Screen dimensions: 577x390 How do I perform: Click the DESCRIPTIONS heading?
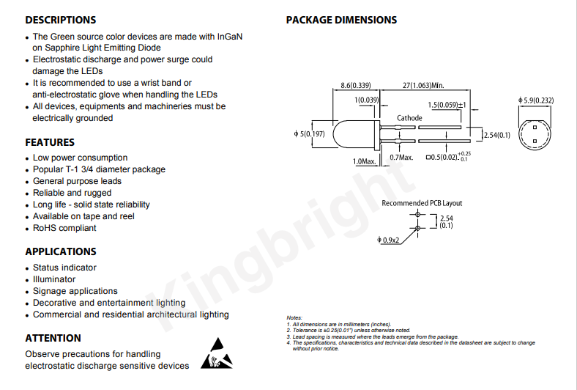coord(61,20)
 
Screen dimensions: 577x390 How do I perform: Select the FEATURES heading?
coord(50,142)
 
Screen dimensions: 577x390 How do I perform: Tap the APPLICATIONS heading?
coord(61,251)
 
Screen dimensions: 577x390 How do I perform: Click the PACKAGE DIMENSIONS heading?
coord(341,20)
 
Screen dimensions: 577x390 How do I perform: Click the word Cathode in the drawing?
coord(409,118)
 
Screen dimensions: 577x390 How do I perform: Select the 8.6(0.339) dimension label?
coord(355,86)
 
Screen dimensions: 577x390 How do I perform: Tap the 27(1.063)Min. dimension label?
coord(423,86)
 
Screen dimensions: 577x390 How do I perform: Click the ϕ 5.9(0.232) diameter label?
coord(536,100)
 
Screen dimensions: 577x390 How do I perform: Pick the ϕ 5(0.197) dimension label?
coord(309,133)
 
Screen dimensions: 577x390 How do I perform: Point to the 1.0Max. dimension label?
coord(364,161)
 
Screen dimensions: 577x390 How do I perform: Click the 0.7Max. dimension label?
coord(401,158)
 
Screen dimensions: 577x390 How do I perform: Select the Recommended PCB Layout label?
coord(422,203)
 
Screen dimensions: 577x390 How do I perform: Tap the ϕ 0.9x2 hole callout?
coord(388,240)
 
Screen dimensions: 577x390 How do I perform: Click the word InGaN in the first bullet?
coord(230,37)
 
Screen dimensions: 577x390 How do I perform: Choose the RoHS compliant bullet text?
coord(64,228)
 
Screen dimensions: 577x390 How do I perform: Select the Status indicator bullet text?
coord(64,268)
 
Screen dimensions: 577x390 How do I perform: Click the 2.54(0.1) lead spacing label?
coord(496,135)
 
